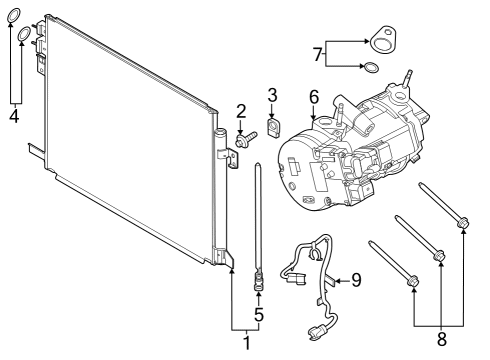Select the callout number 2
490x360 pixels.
[241, 110]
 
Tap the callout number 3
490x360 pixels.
[272, 95]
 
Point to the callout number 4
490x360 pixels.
[13, 114]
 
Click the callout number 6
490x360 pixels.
[313, 97]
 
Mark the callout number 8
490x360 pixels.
[441, 339]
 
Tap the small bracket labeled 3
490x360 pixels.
[274, 127]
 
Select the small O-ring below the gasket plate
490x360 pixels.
[371, 68]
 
